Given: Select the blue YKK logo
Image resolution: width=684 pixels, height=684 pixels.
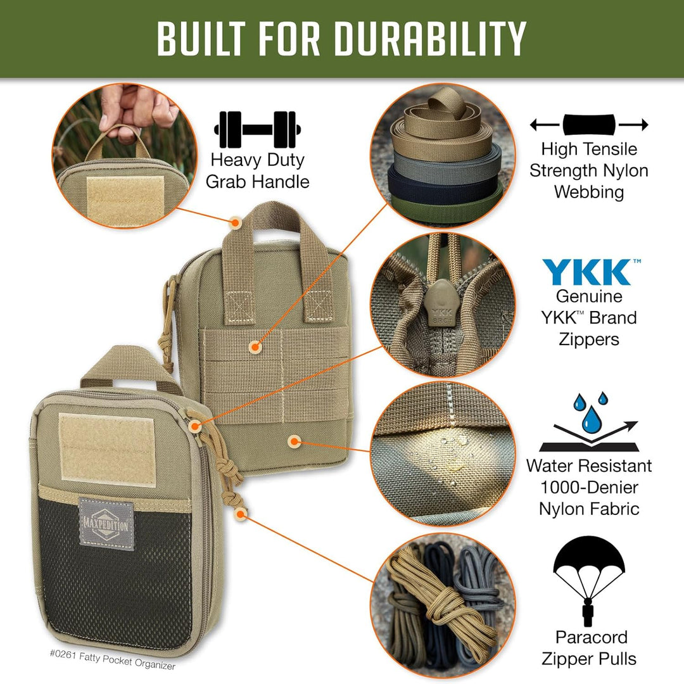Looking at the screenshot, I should (x=588, y=272).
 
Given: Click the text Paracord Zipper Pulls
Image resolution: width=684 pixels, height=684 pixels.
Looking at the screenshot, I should (x=591, y=648).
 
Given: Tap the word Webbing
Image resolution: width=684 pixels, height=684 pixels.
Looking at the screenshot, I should (x=589, y=192).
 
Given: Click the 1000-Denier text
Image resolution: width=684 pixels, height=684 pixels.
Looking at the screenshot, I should (x=589, y=488).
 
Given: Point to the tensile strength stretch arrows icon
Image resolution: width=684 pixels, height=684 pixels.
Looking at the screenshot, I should (x=589, y=124).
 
